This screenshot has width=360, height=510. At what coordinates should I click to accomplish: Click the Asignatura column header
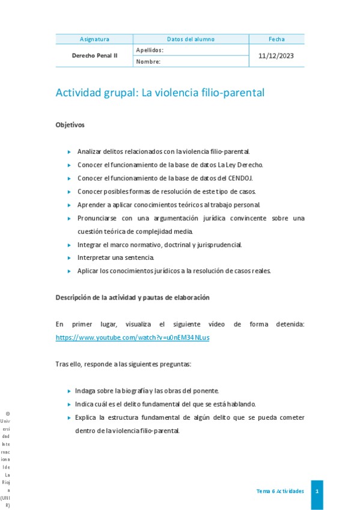[x=94, y=39]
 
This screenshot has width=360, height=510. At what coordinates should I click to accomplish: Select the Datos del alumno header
[x=191, y=39]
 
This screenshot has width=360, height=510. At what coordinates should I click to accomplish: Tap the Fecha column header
[x=276, y=39]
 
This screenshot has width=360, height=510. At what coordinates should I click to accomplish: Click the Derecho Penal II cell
[x=94, y=55]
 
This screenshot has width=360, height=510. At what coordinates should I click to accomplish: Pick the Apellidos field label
[x=150, y=50]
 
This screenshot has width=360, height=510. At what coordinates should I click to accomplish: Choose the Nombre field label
[x=148, y=61]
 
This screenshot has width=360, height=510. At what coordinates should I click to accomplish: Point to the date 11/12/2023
[x=276, y=55]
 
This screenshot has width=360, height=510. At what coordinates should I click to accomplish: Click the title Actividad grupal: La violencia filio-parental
[x=160, y=93]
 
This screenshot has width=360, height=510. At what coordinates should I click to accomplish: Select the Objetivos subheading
[x=70, y=125]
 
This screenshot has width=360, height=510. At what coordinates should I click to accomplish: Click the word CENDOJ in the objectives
[x=239, y=178]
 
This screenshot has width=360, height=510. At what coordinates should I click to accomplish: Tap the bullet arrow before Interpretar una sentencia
[x=70, y=258]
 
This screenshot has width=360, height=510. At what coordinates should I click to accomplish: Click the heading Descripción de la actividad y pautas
[x=132, y=297]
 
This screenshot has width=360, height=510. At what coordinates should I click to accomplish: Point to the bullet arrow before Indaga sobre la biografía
[x=70, y=391]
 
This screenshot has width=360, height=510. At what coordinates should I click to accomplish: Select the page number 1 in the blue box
[x=317, y=491]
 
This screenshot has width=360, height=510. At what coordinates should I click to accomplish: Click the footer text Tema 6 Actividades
[x=279, y=491]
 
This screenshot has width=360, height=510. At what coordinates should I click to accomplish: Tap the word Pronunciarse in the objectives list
[x=97, y=218]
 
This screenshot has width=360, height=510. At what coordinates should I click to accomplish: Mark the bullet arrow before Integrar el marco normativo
[x=70, y=245]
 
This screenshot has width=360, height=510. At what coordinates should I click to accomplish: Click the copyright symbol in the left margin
[x=7, y=414]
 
